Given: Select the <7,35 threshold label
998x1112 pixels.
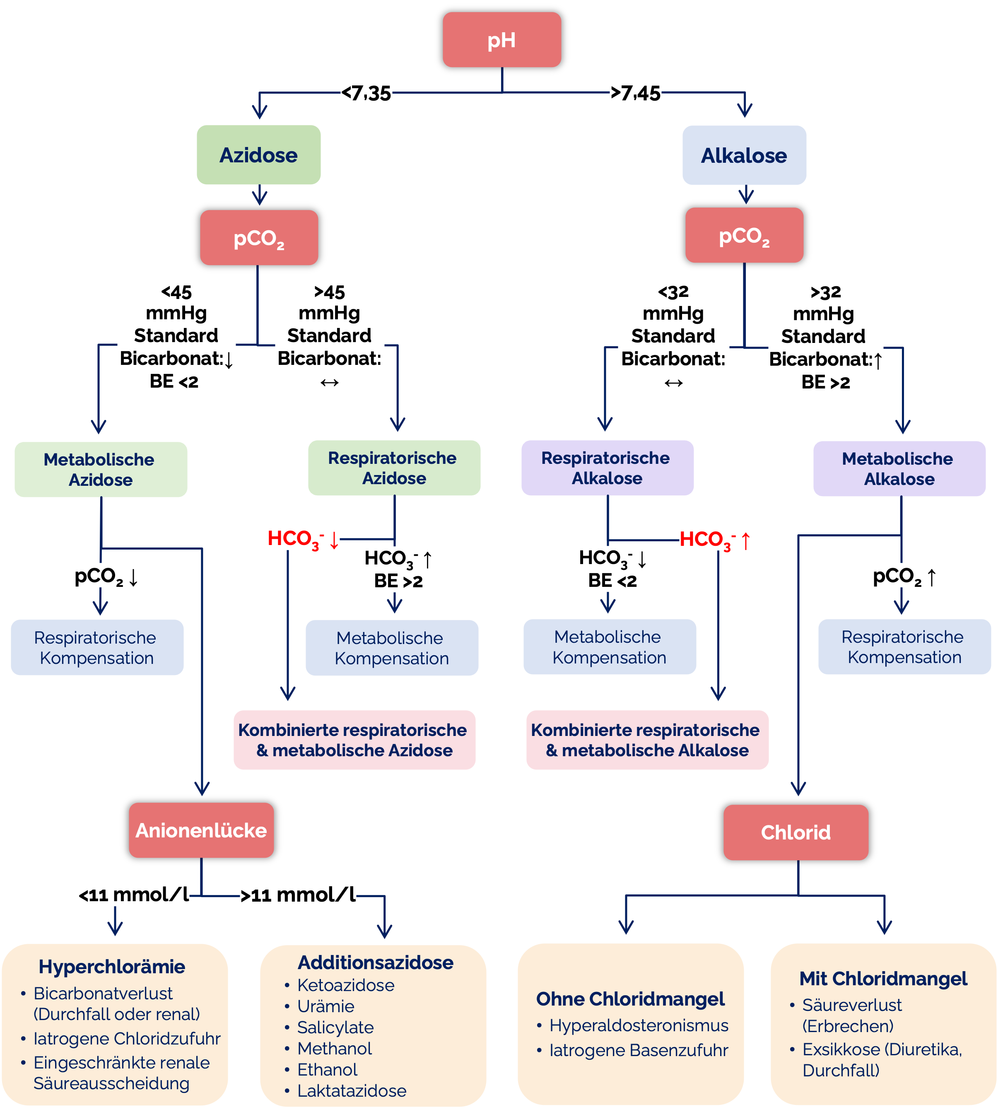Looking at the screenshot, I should click(x=366, y=92).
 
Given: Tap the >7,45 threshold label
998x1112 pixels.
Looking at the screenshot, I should click(x=636, y=92).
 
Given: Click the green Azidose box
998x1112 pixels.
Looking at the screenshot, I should click(x=258, y=155).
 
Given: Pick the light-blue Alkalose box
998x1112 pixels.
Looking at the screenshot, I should click(x=744, y=156).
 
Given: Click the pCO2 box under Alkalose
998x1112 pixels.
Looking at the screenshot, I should click(x=744, y=236).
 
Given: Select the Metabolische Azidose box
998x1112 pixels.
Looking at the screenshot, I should click(x=100, y=469).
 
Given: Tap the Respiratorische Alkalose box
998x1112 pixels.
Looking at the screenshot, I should click(x=607, y=468).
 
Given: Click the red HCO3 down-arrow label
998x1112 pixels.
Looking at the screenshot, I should click(x=303, y=538).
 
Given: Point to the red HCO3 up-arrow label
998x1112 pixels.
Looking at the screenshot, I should click(x=714, y=539).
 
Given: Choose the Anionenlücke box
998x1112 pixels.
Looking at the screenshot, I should click(x=201, y=830).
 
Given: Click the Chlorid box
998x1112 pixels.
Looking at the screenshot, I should click(x=796, y=832).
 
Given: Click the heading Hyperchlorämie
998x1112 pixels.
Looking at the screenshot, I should click(x=112, y=967).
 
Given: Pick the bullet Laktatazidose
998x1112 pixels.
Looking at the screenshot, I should click(x=352, y=1090).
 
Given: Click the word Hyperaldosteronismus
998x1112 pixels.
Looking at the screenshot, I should click(x=639, y=1025).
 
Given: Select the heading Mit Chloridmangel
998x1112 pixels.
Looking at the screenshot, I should click(x=883, y=979).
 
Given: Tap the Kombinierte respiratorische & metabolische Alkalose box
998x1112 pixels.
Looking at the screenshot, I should click(x=647, y=740).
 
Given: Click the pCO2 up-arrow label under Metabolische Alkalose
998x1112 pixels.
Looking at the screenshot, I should click(x=904, y=576).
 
